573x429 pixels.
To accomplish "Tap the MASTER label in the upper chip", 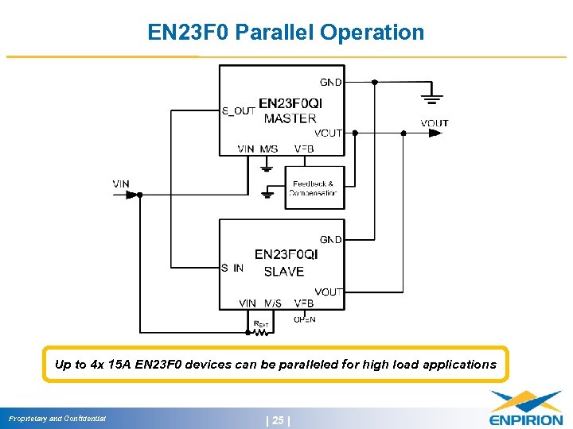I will pyautogui.click(x=290, y=118).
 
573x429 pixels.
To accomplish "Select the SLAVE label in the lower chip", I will pyautogui.click(x=283, y=271).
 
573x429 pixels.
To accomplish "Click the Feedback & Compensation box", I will pyautogui.click(x=314, y=188).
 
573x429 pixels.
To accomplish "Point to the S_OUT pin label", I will pyautogui.click(x=238, y=110).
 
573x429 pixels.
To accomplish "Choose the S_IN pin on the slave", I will pyautogui.click(x=232, y=269).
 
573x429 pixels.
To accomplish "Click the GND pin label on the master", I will pyautogui.click(x=331, y=83).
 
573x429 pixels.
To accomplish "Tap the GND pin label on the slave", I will pyautogui.click(x=331, y=239).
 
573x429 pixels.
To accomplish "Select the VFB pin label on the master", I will pyautogui.click(x=303, y=149).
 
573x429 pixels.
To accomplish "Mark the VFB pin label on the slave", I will pyautogui.click(x=303, y=303).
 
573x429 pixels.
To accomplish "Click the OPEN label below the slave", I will pyautogui.click(x=304, y=319).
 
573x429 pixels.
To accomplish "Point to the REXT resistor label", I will pyautogui.click(x=260, y=323).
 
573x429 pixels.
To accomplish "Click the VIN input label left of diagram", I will pyautogui.click(x=121, y=184).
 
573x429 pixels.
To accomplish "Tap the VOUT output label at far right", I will pyautogui.click(x=435, y=122).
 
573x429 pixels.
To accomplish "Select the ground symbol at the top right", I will pyautogui.click(x=432, y=98).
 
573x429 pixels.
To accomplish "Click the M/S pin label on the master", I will pyautogui.click(x=269, y=149).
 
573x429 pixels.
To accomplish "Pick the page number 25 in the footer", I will pyautogui.click(x=278, y=419).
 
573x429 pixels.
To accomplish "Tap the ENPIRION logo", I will pyautogui.click(x=525, y=408).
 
